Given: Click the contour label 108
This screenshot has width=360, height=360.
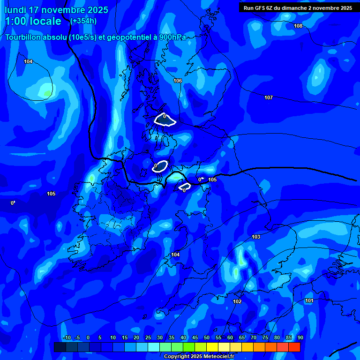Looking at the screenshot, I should coord(298,26).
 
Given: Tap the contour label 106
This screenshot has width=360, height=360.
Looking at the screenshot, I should coord(178,81).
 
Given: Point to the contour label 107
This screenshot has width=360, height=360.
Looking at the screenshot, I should coord(268,98).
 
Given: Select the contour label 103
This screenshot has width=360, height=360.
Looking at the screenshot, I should coord(256,237).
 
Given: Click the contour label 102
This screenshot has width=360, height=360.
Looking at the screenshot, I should coord(237,301).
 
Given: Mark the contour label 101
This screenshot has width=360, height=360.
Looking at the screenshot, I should coord(309,300).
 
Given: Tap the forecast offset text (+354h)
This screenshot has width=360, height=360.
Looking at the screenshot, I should coord(83,21).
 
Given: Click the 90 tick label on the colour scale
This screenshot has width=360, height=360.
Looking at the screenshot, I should coord(300,337).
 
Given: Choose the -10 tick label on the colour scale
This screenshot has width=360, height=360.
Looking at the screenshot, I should coord(67,337).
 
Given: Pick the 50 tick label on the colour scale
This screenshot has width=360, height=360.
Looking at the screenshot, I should coord(207,337).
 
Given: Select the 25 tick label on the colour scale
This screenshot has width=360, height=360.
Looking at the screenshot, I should coord(148,337).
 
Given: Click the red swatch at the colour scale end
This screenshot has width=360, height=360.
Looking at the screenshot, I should coord(294,347).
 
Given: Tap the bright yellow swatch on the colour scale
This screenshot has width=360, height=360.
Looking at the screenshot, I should coord(212,347).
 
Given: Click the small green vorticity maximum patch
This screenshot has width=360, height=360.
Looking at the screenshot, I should coord(47,94).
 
